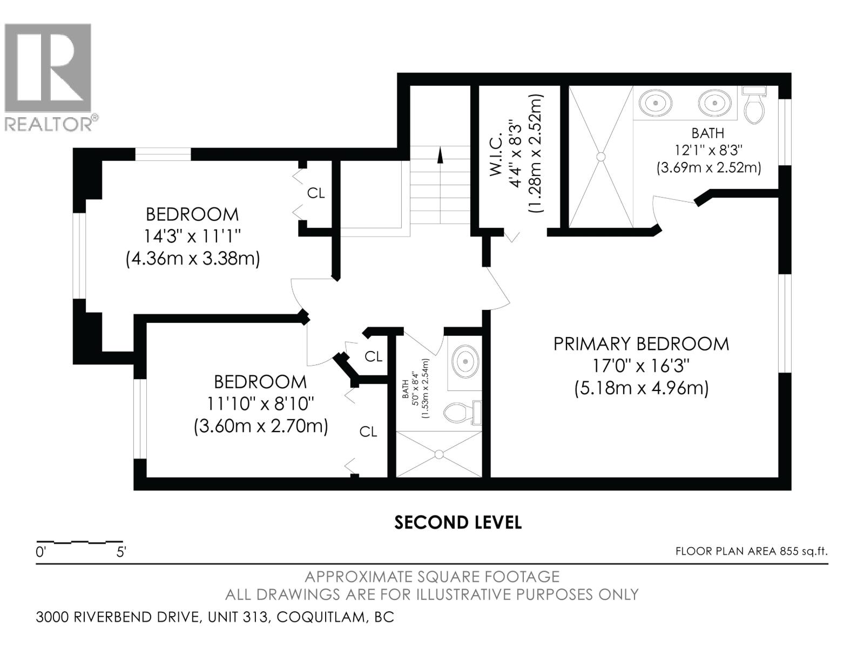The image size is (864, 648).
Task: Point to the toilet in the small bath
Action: (463, 413)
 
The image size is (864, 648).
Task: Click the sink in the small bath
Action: (465, 361)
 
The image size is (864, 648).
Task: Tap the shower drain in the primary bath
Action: (600, 157)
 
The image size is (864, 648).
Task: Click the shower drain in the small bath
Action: (439, 455)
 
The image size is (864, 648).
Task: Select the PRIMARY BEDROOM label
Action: (641, 344)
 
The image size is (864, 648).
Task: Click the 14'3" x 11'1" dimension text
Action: (192, 237)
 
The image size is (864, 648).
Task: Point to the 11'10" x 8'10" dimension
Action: (261, 403)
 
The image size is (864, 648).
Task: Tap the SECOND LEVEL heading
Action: (458, 523)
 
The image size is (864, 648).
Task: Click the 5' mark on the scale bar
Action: (121, 552)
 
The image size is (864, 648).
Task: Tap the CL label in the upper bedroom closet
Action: (316, 193)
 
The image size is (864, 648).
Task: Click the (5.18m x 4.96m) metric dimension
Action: (641, 389)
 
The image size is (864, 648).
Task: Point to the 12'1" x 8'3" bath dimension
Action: (708, 150)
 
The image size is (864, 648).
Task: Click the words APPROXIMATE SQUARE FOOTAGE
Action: (432, 577)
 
